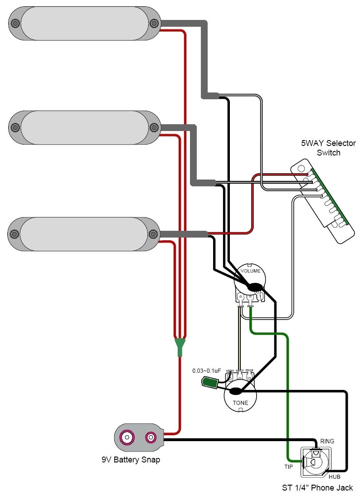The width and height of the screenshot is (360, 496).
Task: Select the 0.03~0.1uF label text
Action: (206, 371)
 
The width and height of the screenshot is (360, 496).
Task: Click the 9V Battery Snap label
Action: (131, 459)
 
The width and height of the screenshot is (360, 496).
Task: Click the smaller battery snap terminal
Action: (150, 438)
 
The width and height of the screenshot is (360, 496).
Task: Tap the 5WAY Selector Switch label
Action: (328, 148)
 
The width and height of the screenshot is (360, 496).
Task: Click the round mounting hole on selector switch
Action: (301, 169)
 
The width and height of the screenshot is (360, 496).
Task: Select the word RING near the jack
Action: (327, 441)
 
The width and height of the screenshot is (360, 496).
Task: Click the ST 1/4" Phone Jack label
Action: (317, 488)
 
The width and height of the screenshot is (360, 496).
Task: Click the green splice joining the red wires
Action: (180, 347)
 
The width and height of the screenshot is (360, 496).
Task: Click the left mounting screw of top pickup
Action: (15, 23)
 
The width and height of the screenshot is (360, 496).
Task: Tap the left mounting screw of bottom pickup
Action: (14, 234)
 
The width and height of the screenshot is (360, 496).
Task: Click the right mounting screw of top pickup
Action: (154, 23)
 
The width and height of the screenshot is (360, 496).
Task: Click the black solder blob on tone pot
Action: (236, 391)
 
